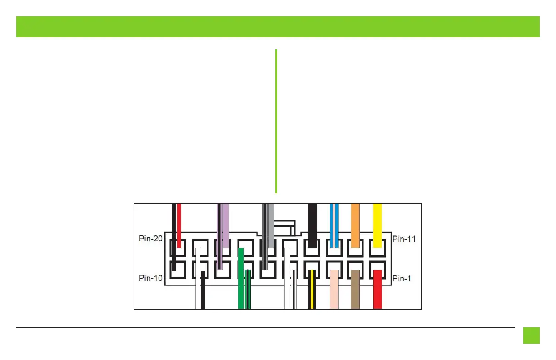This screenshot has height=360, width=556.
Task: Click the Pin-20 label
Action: point(151,239)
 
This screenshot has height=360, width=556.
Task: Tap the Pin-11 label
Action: point(403,239)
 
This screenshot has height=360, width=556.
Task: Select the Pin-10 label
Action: point(151,278)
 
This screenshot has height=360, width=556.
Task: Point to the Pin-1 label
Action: point(402,278)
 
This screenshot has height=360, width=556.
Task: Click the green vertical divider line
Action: point(276,121)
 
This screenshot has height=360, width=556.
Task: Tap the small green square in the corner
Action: point(531,335)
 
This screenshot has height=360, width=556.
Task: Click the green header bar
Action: point(278,27)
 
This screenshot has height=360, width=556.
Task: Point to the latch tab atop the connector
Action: point(282,227)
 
